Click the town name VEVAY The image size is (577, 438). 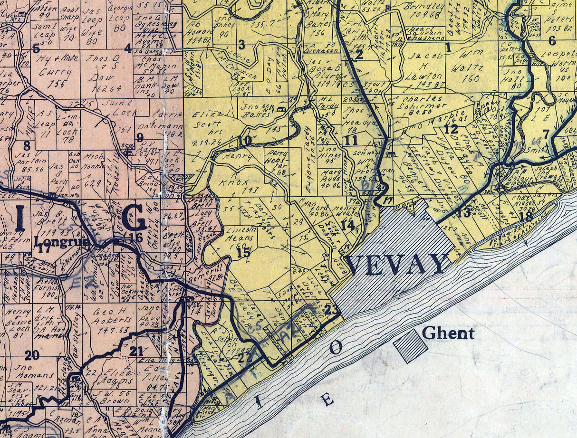pyautogui.click(x=398, y=264)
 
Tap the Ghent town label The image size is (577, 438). pyautogui.click(x=448, y=333)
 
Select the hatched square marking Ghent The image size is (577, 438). pyautogui.click(x=410, y=346)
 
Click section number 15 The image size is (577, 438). pyautogui.click(x=243, y=253)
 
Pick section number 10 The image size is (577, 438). pyautogui.click(x=245, y=141)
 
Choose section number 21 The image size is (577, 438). pyautogui.click(x=136, y=351)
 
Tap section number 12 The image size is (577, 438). pyautogui.click(x=452, y=129)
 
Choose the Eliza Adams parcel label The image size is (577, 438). pyautogui.click(x=115, y=377)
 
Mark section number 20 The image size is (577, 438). pyautogui.click(x=32, y=355)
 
